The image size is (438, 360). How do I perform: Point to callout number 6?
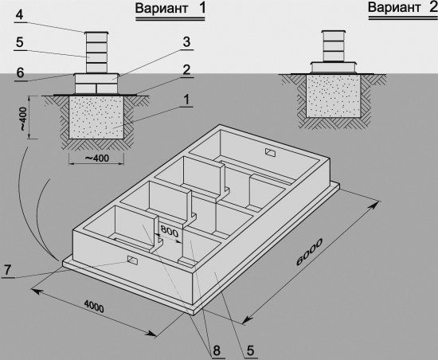pyautogui.click(x=20, y=70)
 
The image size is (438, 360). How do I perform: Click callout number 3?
pyautogui.click(x=186, y=41)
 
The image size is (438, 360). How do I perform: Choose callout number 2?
pyautogui.click(x=186, y=70)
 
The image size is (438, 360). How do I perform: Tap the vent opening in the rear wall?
pyautogui.click(x=270, y=153)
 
